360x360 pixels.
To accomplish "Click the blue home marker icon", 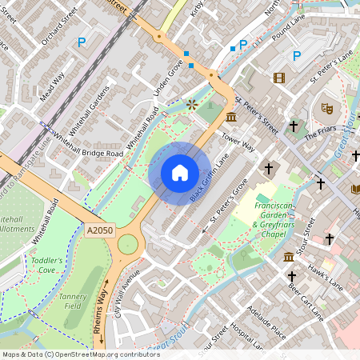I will [180, 173].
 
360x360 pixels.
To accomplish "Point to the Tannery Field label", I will [73, 301].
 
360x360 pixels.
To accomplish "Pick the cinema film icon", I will [278, 78].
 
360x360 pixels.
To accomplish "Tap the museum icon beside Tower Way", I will [231, 118].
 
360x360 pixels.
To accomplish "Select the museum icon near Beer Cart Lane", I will [288, 256].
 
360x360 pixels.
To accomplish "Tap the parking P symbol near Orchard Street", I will [80, 42].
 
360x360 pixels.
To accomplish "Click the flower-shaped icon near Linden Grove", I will [191, 104].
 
